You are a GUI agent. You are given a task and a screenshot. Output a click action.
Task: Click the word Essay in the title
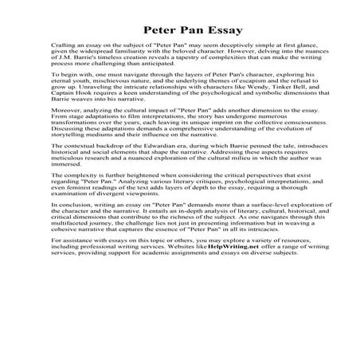[x=221, y=30]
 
